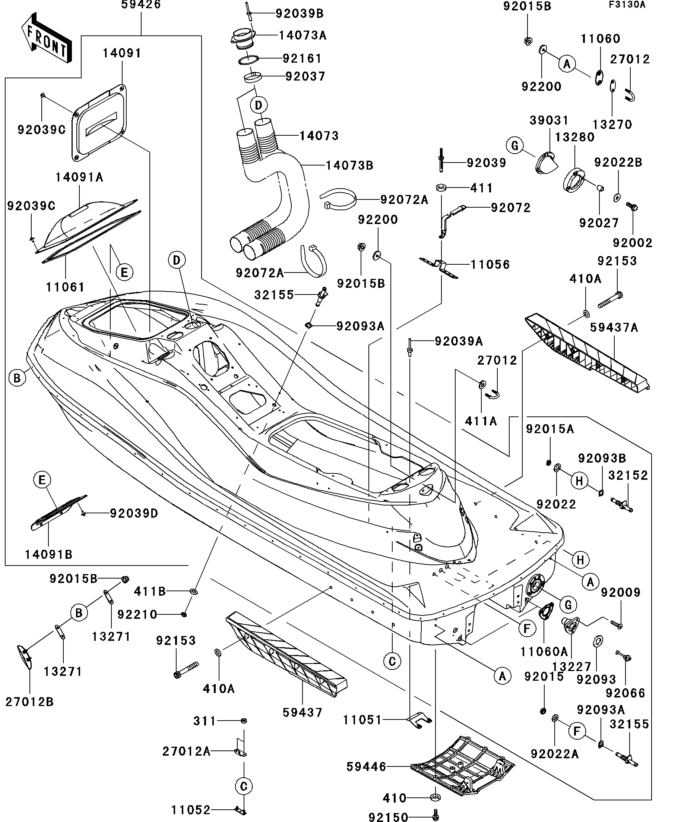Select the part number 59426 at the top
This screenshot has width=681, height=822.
[141, 5]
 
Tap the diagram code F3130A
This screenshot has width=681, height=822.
[627, 5]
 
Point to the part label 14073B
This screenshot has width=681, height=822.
[349, 166]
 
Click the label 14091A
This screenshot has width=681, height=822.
[79, 177]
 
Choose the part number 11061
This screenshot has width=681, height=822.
[65, 287]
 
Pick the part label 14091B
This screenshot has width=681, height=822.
[48, 554]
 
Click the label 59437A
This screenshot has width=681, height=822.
[614, 328]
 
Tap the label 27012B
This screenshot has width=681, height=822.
[29, 702]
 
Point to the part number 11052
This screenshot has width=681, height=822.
[191, 809]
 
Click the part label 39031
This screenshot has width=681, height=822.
[549, 120]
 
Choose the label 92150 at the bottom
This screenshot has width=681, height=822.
[389, 816]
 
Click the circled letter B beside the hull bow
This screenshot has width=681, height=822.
[17, 378]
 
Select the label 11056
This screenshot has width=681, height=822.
[490, 265]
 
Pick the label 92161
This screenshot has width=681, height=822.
[302, 59]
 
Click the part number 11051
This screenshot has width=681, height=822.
[362, 719]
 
